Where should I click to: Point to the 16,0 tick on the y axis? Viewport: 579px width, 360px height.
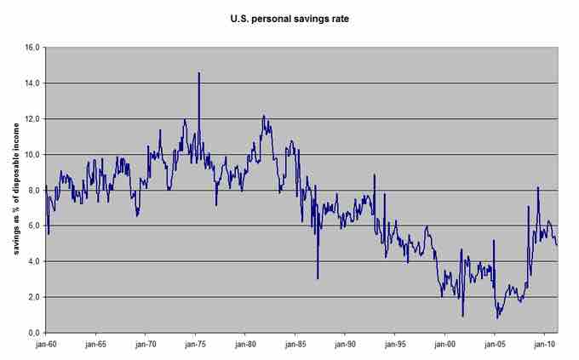coord(33,48)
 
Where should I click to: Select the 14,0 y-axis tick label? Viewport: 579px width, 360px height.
coord(33,83)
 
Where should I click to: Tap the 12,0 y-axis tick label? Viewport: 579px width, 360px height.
coord(33,119)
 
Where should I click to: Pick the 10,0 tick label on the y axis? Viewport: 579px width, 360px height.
coord(33,155)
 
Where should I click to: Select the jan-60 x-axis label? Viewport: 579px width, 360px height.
coord(46,345)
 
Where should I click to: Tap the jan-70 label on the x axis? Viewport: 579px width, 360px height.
coord(146,345)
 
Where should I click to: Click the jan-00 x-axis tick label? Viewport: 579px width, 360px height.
coord(444,345)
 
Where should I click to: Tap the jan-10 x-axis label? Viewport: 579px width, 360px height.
coord(544,345)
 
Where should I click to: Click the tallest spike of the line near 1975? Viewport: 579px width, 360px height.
coord(199,74)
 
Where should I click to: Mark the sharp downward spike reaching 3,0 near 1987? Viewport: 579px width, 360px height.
coord(318,277)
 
